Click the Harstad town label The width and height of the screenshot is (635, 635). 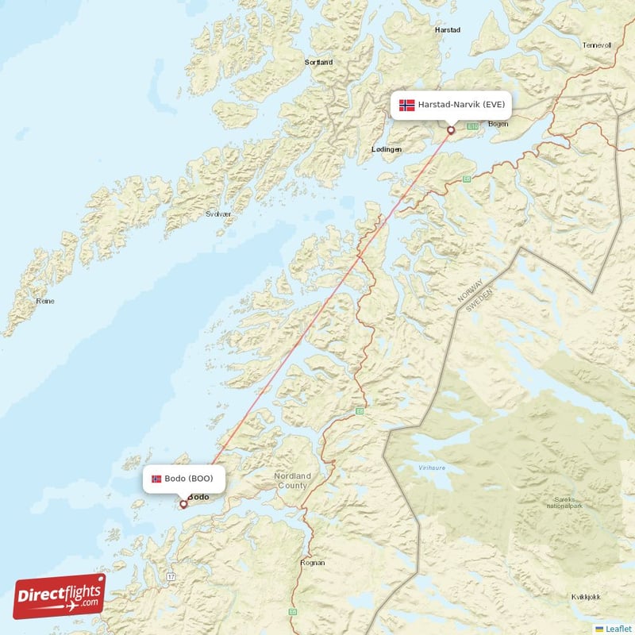tap(448, 30)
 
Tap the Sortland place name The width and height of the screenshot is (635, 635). tap(319, 61)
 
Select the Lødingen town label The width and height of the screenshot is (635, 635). tap(387, 149)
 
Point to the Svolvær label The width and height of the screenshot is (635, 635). tap(219, 214)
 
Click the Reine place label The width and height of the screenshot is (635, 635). tap(45, 302)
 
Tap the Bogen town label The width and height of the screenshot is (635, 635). tap(498, 124)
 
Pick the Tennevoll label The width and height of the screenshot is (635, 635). tap(597, 45)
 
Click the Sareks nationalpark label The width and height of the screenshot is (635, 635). tap(565, 502)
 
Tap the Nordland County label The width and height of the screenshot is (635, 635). tap(292, 480)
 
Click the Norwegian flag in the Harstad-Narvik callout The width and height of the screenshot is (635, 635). tap(407, 105)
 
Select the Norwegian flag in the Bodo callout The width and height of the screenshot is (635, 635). tap(156, 479)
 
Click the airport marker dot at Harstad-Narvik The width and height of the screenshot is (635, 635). tap(451, 130)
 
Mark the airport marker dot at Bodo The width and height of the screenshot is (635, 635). tap(183, 503)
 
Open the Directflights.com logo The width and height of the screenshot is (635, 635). tap(60, 597)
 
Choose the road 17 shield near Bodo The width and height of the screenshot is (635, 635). tap(171, 575)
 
